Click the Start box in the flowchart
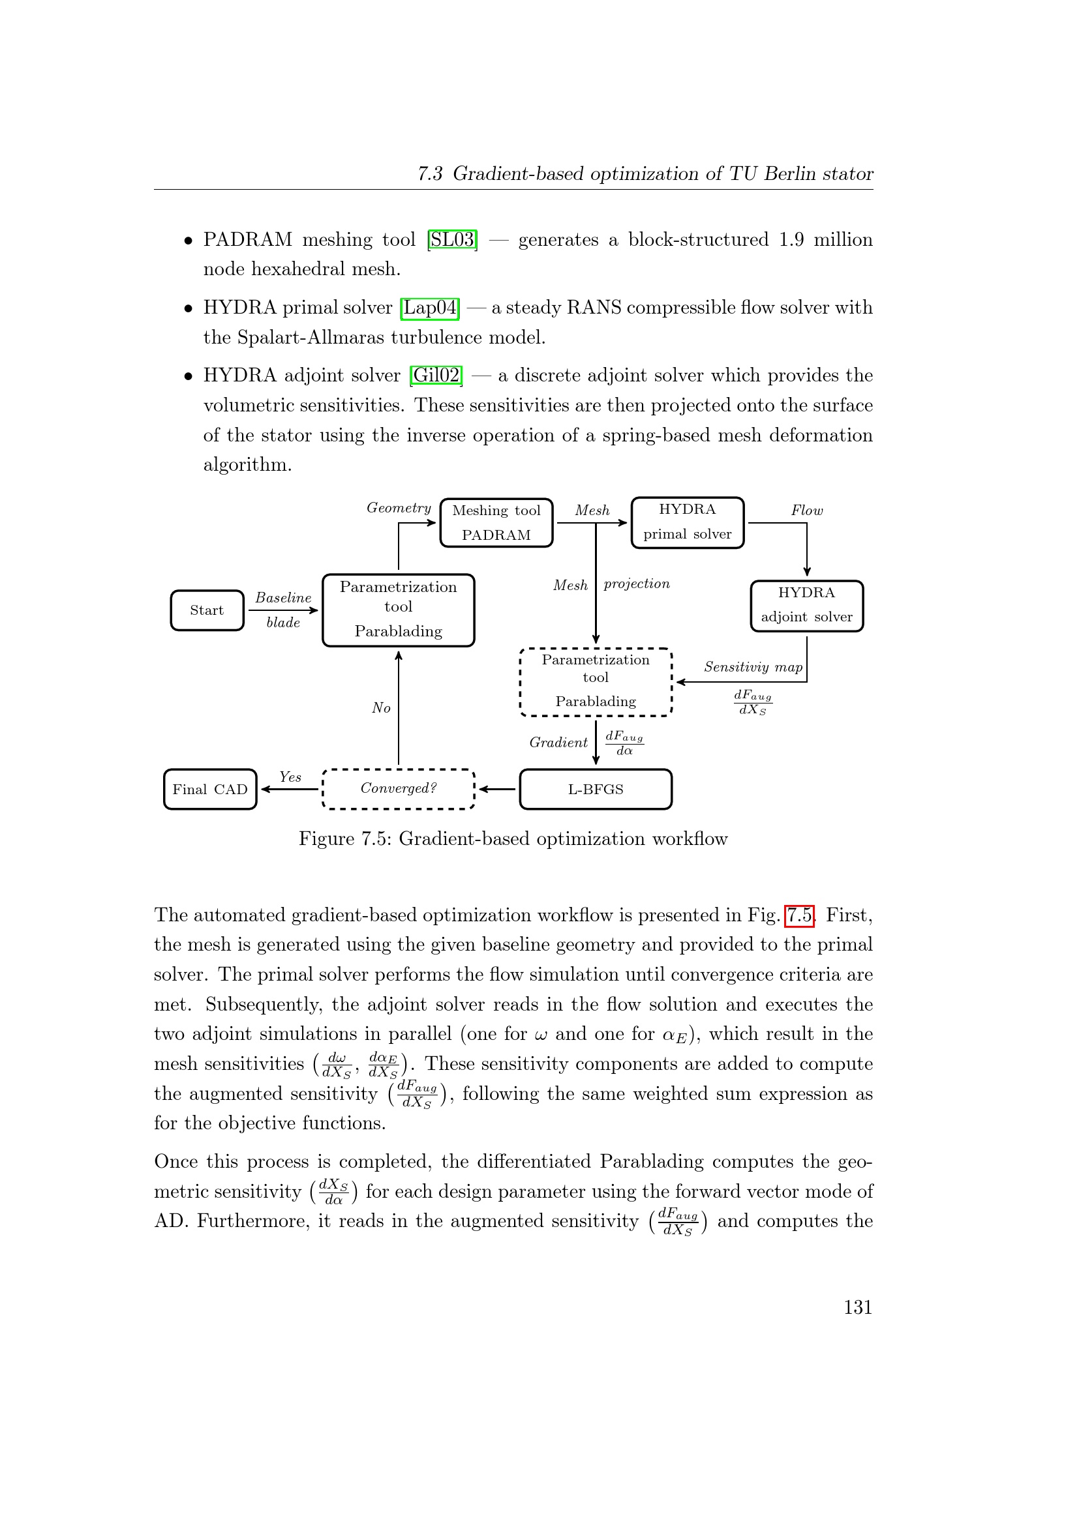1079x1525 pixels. [207, 610]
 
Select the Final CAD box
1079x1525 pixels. [210, 789]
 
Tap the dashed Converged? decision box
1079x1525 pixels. [398, 789]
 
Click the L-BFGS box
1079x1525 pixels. [596, 789]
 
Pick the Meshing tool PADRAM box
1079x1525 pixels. [496, 523]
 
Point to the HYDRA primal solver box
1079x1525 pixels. [687, 522]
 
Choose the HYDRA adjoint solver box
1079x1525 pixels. [806, 605]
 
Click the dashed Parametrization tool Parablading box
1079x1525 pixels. [596, 681]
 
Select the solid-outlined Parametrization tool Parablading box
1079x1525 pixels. [398, 610]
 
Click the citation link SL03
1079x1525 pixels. [453, 239]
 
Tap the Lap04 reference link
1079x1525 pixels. [430, 308]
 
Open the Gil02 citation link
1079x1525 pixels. [436, 376]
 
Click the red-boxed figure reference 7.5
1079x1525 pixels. [799, 915]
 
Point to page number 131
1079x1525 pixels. [858, 1307]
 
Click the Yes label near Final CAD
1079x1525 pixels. [290, 777]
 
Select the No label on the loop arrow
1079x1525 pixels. [381, 708]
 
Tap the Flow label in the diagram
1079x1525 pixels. [806, 511]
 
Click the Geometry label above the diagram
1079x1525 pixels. [399, 508]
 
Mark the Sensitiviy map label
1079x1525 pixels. [753, 667]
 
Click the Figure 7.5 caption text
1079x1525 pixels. [513, 839]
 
